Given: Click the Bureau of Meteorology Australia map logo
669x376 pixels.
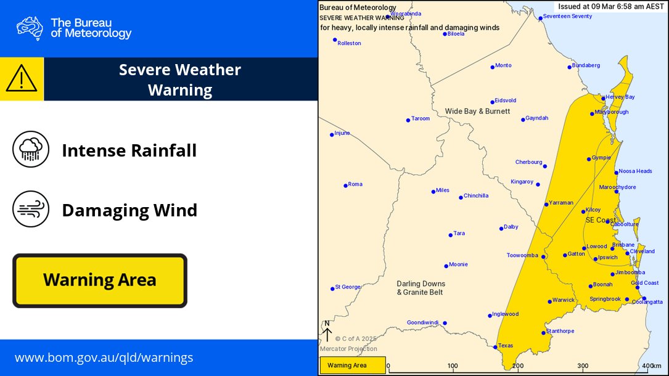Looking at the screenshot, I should [30, 28].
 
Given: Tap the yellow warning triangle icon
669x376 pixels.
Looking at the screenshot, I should [22, 79].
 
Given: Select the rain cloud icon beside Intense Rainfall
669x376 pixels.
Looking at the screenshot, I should [31, 149].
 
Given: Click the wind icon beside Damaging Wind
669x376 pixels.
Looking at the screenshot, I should [31, 210].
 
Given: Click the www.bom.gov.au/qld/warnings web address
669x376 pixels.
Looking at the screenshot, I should [104, 358].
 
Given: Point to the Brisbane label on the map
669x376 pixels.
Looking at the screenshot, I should [623, 245].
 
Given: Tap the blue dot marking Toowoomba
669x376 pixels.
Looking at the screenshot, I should [543, 256].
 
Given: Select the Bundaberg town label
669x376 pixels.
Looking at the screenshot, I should [586, 65].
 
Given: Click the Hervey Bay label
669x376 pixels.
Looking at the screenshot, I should [621, 97].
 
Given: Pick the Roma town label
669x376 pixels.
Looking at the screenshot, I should [355, 184].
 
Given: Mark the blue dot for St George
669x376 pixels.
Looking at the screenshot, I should [332, 287].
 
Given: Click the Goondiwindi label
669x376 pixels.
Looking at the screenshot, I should [424, 322].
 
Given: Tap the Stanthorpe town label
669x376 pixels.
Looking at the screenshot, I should [560, 331].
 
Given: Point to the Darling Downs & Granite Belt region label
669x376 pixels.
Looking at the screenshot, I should [420, 288].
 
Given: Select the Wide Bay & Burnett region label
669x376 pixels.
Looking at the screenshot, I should [477, 111].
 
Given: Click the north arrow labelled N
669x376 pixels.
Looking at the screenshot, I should [327, 332].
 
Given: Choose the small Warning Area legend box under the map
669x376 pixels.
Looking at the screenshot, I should [353, 366].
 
